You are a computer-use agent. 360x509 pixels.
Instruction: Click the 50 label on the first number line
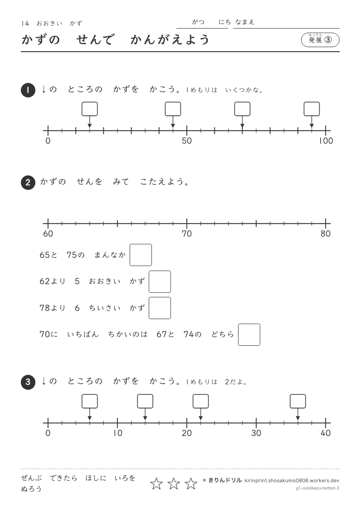pyautogui.click(x=187, y=141)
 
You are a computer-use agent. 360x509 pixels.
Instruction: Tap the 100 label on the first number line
pyautogui.click(x=326, y=141)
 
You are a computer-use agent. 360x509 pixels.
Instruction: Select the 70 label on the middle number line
pyautogui.click(x=187, y=234)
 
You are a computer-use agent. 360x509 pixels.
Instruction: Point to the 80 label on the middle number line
pyautogui.click(x=326, y=234)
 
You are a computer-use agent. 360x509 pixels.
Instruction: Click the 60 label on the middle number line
pyautogui.click(x=48, y=234)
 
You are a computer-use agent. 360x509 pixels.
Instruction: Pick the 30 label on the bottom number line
pyautogui.click(x=256, y=433)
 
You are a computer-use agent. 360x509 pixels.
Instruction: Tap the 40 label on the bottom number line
pyautogui.click(x=326, y=433)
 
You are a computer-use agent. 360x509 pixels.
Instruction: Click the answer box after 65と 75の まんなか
pyautogui.click(x=141, y=255)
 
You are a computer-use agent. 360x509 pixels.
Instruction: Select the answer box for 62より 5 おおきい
pyautogui.click(x=160, y=282)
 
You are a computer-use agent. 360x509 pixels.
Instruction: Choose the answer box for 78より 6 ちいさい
pyautogui.click(x=160, y=308)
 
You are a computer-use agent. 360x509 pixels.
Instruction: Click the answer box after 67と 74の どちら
pyautogui.click(x=249, y=334)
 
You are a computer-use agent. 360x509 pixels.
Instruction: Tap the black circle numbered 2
pyautogui.click(x=28, y=183)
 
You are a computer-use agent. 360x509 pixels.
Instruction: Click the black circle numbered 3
pyautogui.click(x=28, y=382)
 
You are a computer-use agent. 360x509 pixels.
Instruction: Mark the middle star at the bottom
pyautogui.click(x=174, y=484)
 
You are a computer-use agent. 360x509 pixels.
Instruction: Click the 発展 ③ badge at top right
pyautogui.click(x=320, y=40)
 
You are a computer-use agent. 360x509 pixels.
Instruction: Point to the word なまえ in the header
pyautogui.click(x=245, y=22)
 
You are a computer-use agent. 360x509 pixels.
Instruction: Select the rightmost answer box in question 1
pyautogui.click(x=311, y=109)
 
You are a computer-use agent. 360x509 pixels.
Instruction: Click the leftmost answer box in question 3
pyautogui.click(x=90, y=401)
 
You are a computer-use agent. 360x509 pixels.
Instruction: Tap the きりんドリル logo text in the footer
pyautogui.click(x=224, y=480)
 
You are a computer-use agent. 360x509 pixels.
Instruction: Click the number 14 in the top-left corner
pyautogui.click(x=25, y=24)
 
